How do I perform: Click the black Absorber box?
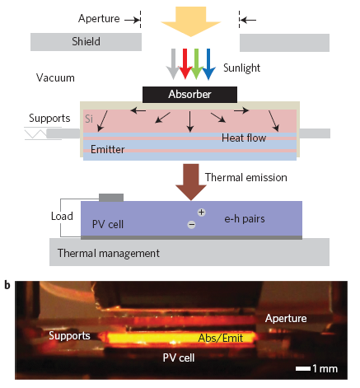(x=189, y=95)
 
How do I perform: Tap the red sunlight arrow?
(x=185, y=64)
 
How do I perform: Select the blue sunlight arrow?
(x=208, y=64)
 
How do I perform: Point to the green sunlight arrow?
(x=197, y=64)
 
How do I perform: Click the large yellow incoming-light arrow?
(x=191, y=21)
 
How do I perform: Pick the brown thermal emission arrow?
(x=191, y=182)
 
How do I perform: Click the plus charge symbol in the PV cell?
(x=202, y=213)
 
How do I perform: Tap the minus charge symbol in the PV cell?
(x=191, y=225)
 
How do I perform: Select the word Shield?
(x=86, y=42)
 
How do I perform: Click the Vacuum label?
(x=55, y=78)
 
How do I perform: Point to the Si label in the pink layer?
(x=89, y=119)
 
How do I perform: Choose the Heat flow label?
(x=244, y=138)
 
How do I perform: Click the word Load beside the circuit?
(x=62, y=217)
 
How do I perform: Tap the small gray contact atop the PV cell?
(x=111, y=198)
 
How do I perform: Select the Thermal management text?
(x=109, y=253)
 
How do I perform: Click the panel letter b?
(x=7, y=285)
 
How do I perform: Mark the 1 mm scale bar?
(x=303, y=368)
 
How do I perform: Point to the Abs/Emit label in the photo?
(x=221, y=338)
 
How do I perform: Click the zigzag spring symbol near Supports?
(x=35, y=133)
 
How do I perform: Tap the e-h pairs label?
(x=245, y=219)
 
